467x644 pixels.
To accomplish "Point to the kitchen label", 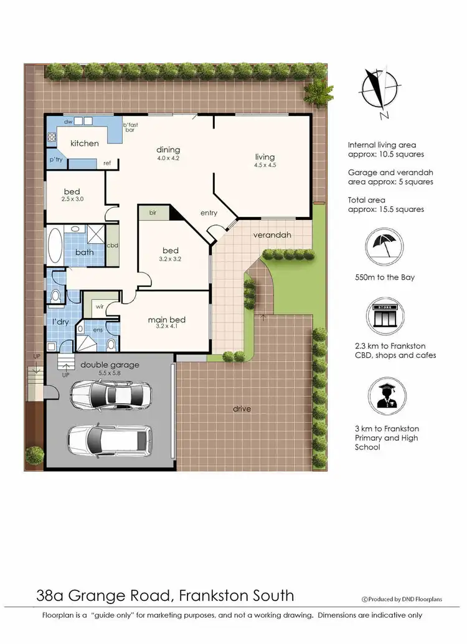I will click(x=84, y=143).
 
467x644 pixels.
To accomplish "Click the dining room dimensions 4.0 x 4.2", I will click(x=168, y=158).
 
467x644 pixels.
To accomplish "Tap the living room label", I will click(x=264, y=157).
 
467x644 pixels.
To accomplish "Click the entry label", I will click(x=209, y=213).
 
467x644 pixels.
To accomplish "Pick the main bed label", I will click(x=166, y=320).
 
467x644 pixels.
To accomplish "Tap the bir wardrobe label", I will click(x=153, y=213).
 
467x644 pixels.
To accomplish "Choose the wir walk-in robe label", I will click(x=99, y=306).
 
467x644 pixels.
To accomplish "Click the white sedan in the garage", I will click(x=111, y=393).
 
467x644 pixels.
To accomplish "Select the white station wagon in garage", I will click(x=109, y=440).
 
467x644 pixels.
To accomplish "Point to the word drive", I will click(x=242, y=409).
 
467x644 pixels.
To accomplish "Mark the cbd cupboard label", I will click(x=113, y=245).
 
